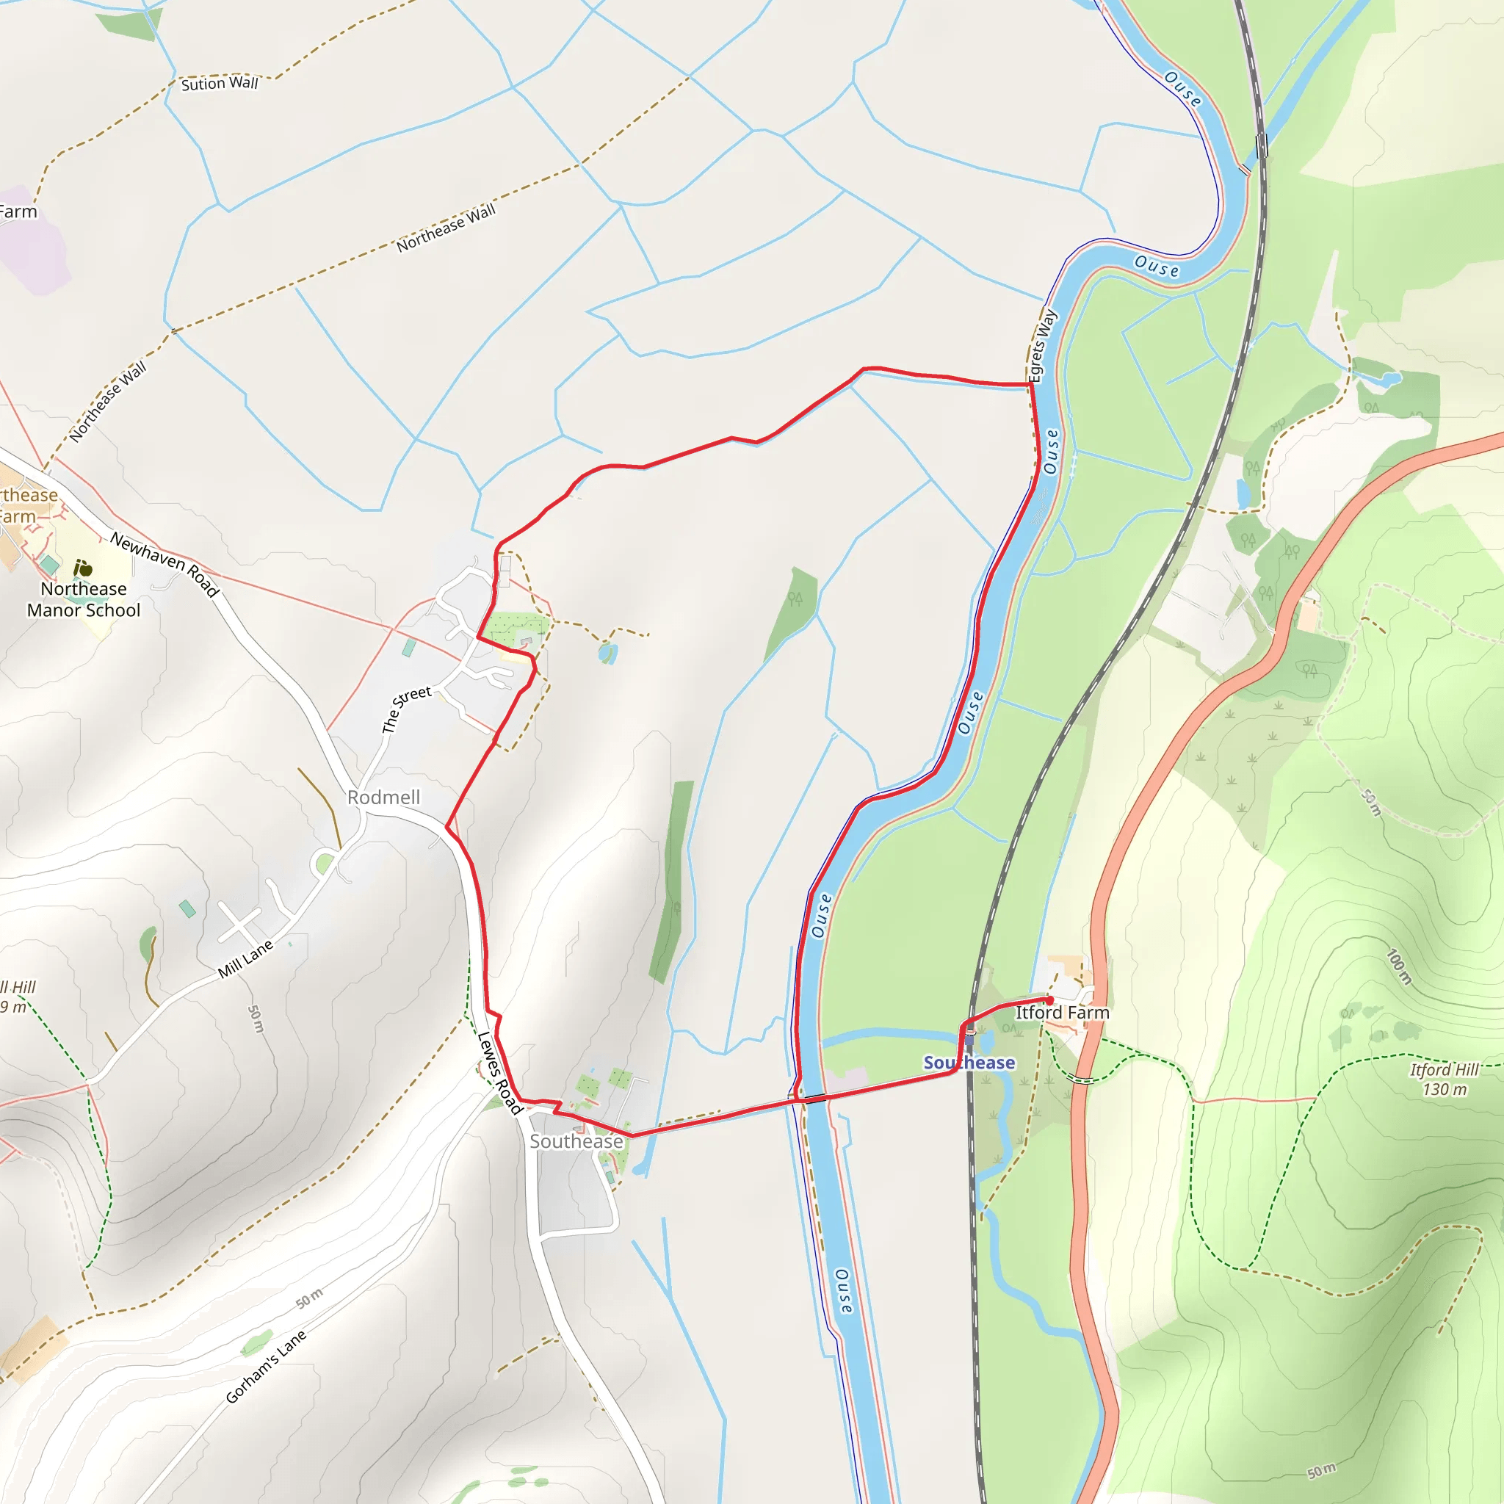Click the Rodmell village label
click(x=383, y=797)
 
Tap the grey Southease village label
click(x=576, y=1141)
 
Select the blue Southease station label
click(x=969, y=1063)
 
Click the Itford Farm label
click(x=1062, y=1013)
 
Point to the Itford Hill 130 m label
click(x=1444, y=1079)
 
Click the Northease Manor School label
click(x=83, y=599)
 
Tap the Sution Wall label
click(x=219, y=83)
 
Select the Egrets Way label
click(x=1042, y=347)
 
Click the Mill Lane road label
click(x=245, y=959)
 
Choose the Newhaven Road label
click(x=164, y=563)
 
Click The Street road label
click(x=405, y=709)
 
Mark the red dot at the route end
click(x=1049, y=1000)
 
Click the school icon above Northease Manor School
click(x=82, y=568)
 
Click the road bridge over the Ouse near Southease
click(x=815, y=1099)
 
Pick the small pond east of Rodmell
click(x=608, y=652)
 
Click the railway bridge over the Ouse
click(x=1262, y=145)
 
